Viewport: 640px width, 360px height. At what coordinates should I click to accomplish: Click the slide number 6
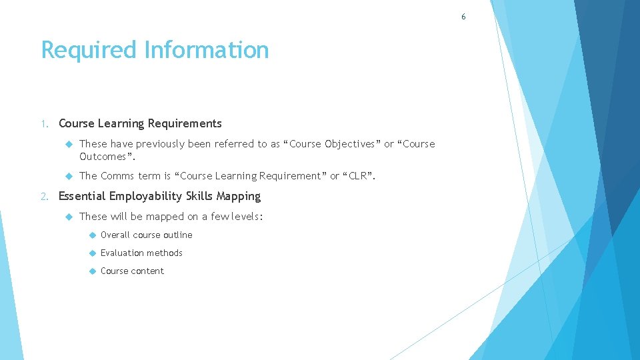(464, 17)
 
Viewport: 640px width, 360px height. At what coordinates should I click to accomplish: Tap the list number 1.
(43, 123)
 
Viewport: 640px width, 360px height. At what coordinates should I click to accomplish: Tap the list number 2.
(43, 196)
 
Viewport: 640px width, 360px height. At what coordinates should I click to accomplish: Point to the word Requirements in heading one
(185, 123)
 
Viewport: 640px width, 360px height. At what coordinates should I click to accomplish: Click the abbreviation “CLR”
(359, 176)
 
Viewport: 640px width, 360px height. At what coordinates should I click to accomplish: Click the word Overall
(115, 235)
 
